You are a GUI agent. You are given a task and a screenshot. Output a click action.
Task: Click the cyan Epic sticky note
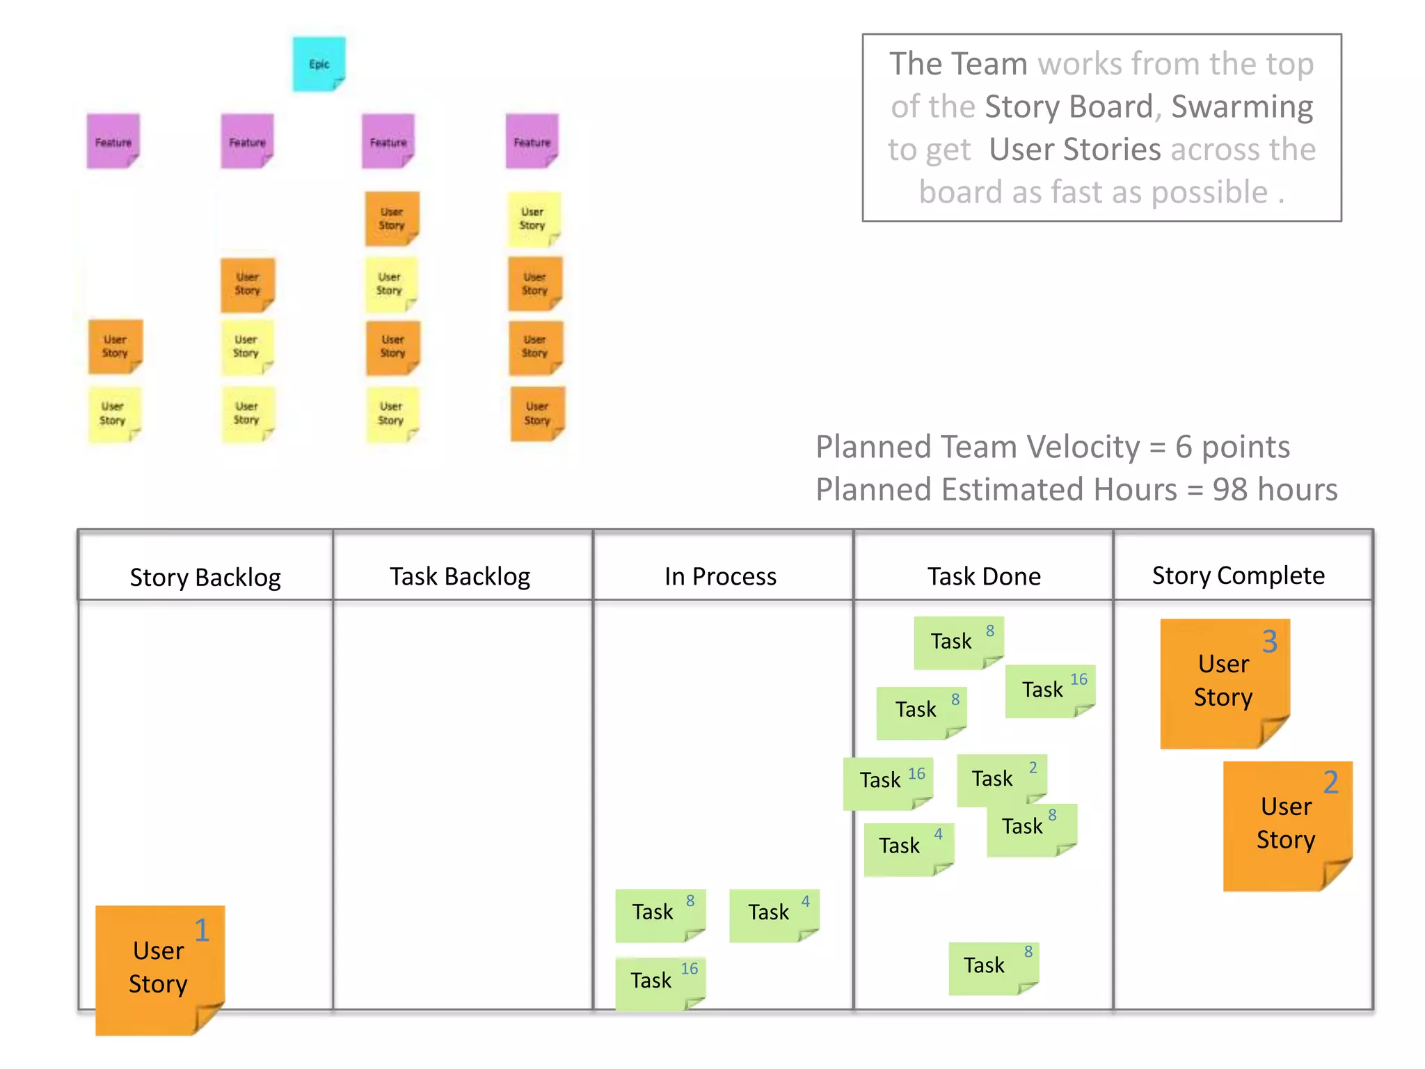click(x=319, y=64)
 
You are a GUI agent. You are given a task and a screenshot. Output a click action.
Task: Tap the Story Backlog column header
click(x=205, y=577)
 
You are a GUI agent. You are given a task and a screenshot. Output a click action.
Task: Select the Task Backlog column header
click(x=460, y=576)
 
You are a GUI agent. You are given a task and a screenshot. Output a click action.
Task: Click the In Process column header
click(x=720, y=576)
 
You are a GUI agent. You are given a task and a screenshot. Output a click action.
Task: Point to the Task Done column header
click(x=984, y=576)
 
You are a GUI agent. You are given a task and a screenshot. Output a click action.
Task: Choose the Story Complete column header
click(x=1239, y=576)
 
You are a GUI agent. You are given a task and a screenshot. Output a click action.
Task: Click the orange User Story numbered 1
click(x=159, y=968)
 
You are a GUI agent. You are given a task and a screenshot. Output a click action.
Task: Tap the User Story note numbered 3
click(x=1224, y=681)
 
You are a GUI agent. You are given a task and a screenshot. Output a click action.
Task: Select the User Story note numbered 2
click(x=1287, y=824)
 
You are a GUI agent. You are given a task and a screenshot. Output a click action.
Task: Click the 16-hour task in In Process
click(x=660, y=981)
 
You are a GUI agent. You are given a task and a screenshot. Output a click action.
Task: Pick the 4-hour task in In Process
click(x=773, y=914)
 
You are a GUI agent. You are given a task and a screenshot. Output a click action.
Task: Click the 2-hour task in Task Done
click(x=1000, y=779)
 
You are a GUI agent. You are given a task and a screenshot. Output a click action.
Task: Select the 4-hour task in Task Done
click(x=907, y=848)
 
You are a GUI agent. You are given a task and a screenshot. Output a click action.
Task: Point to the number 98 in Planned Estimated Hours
click(x=1229, y=490)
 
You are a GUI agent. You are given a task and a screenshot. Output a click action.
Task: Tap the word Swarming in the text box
click(x=1242, y=106)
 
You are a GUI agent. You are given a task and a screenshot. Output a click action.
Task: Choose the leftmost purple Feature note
click(x=113, y=141)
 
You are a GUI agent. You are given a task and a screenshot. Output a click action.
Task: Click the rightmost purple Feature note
click(x=532, y=141)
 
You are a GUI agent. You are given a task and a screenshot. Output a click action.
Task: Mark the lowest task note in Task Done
click(x=992, y=967)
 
